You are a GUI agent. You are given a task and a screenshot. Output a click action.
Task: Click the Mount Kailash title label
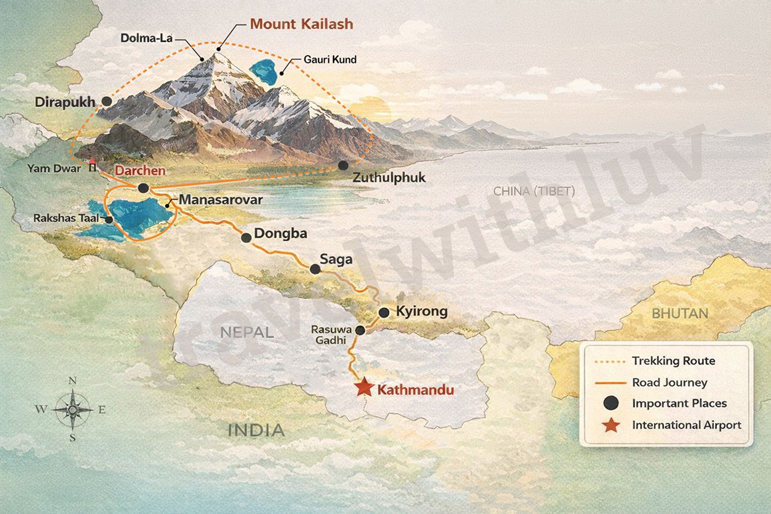coord(301,24)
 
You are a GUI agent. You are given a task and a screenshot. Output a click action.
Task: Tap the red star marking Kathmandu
coord(363,389)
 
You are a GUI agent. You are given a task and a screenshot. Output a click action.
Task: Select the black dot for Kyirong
coord(383,312)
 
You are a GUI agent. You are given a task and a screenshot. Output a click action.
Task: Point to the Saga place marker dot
coord(315,269)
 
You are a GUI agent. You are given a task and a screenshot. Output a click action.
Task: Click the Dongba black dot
coord(246,237)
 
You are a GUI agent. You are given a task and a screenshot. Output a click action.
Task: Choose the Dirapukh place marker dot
coord(107,101)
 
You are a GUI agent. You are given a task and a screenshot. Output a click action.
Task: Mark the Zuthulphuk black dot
coord(342,165)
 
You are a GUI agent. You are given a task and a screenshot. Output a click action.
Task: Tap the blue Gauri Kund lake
coord(262,71)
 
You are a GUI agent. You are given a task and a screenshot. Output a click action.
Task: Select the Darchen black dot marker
coord(143,188)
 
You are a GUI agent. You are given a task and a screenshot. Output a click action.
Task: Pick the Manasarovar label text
coord(220,200)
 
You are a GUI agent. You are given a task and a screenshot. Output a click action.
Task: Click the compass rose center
coord(72,409)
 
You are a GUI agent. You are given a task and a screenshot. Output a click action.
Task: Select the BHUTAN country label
coord(680,313)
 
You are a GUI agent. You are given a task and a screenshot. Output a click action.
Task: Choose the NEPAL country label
coord(247,332)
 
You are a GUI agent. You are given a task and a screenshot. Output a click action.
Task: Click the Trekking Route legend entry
coord(673,361)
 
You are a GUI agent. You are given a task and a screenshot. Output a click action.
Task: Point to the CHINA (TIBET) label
coord(534,191)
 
